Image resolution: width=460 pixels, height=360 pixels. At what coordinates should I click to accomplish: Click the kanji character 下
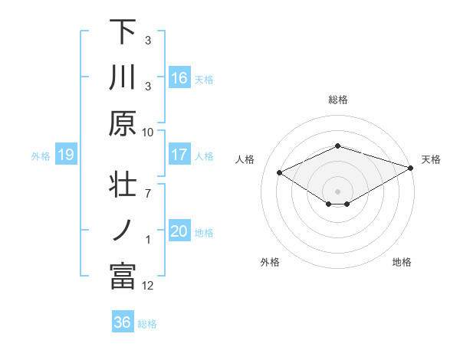tap(123, 31)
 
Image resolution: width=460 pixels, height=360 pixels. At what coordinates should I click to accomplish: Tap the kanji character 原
tap(123, 123)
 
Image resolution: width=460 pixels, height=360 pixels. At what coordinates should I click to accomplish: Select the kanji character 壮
tap(123, 185)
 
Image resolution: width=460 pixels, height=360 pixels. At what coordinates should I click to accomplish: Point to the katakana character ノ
tap(123, 231)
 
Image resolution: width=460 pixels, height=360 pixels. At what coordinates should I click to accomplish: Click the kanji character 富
tap(123, 277)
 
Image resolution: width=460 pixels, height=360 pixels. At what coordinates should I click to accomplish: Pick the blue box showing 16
tap(179, 77)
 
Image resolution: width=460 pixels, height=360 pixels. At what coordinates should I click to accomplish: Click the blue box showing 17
tap(179, 155)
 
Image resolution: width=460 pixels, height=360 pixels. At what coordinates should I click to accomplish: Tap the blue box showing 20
tap(179, 231)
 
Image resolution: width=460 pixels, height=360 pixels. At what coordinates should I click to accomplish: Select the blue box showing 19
tap(66, 155)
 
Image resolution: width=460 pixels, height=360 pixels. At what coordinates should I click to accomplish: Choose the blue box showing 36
tap(123, 322)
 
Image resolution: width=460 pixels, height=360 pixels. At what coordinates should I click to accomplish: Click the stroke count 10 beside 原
tap(148, 132)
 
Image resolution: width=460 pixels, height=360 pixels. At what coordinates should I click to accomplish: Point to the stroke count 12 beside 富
tap(148, 286)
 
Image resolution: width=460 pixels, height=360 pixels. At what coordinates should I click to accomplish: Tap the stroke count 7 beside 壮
tap(147, 185)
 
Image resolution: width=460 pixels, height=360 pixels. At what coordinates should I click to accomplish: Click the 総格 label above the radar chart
tap(337, 100)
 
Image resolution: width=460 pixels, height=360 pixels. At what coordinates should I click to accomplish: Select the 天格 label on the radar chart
tap(432, 159)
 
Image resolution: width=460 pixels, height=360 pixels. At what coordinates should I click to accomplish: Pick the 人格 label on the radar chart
tap(245, 159)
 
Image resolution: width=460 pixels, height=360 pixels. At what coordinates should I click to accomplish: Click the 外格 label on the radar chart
tap(270, 262)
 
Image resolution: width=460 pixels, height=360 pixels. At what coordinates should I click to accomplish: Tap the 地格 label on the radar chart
tap(402, 262)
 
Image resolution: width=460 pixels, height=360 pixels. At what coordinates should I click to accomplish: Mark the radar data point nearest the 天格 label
tap(412, 166)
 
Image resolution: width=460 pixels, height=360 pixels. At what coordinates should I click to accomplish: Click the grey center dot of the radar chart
tap(337, 191)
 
